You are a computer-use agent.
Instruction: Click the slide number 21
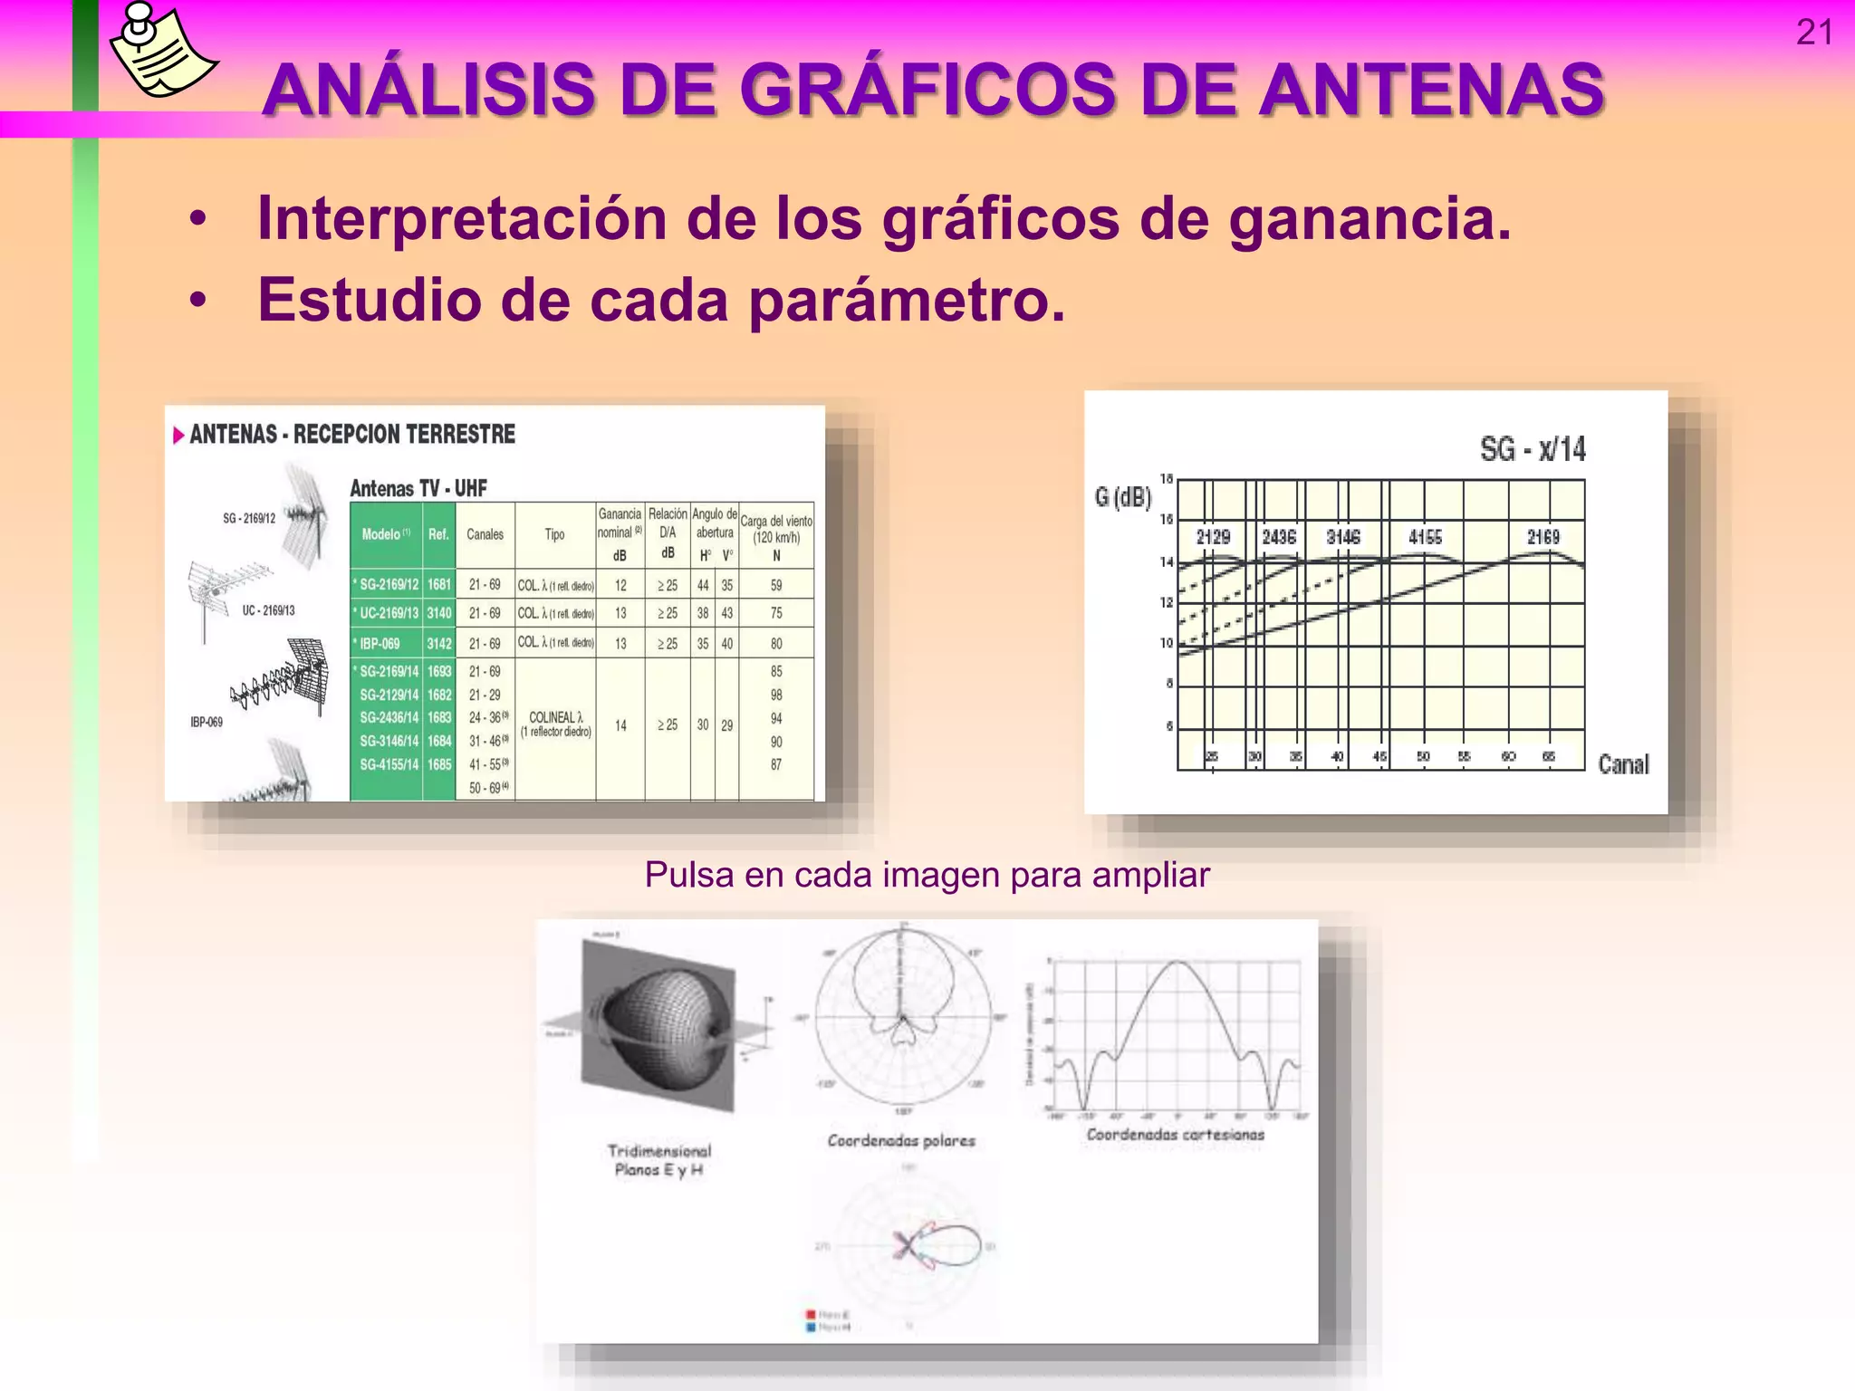click(1813, 33)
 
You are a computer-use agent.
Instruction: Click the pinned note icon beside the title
click(162, 50)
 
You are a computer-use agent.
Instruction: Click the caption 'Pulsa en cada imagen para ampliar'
click(927, 875)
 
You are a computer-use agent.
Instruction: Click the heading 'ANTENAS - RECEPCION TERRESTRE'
click(351, 435)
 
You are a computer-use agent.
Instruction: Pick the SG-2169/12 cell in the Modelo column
click(389, 585)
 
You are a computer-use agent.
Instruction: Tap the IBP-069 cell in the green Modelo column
click(380, 644)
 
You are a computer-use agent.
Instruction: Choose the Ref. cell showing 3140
click(439, 613)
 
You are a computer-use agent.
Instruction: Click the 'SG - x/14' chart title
click(1533, 449)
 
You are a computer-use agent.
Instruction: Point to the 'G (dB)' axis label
click(1122, 497)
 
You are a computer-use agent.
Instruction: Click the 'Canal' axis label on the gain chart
click(1623, 764)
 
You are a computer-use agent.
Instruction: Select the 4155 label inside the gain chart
click(1425, 537)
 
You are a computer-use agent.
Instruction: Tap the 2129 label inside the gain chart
click(1213, 537)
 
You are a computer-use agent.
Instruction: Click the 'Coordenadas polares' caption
click(901, 1141)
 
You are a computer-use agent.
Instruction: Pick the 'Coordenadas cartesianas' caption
click(1175, 1135)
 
